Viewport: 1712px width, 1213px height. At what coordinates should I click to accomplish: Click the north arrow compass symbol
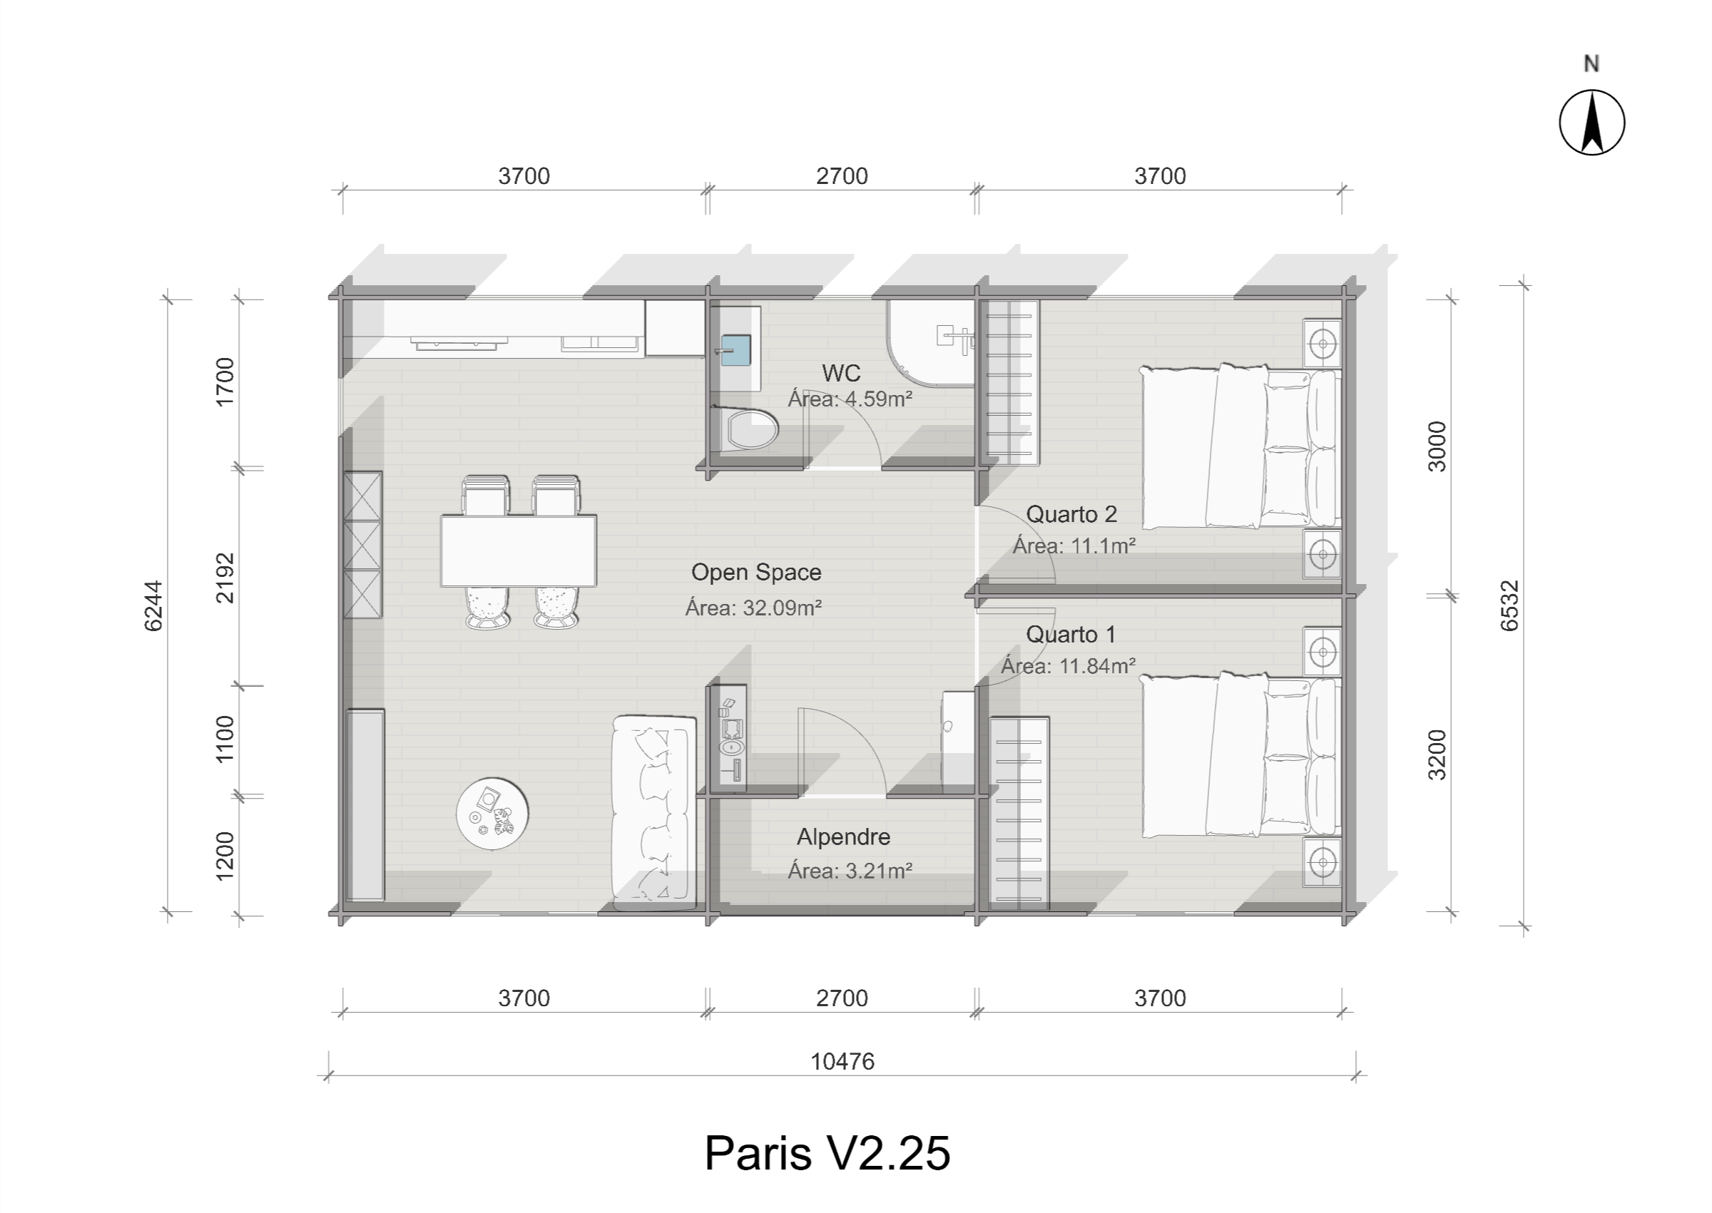click(1591, 123)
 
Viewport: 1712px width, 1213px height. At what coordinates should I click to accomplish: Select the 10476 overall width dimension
click(842, 1061)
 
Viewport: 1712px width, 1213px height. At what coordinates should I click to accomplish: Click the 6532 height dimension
click(1510, 605)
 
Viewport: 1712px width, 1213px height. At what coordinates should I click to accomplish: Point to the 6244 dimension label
click(153, 605)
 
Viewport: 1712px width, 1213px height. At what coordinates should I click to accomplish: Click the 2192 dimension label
click(224, 578)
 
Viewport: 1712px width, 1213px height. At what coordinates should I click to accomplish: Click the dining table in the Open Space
click(519, 551)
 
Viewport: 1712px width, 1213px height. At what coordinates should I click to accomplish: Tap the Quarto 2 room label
click(1071, 514)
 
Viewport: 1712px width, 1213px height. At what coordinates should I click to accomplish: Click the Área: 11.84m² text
click(1068, 665)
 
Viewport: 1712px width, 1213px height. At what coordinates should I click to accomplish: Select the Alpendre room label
click(843, 836)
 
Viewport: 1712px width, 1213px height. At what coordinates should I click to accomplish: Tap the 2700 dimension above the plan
click(842, 176)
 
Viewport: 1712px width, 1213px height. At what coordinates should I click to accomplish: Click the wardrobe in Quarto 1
click(1019, 814)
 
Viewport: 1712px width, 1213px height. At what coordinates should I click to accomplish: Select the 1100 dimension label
click(224, 739)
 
